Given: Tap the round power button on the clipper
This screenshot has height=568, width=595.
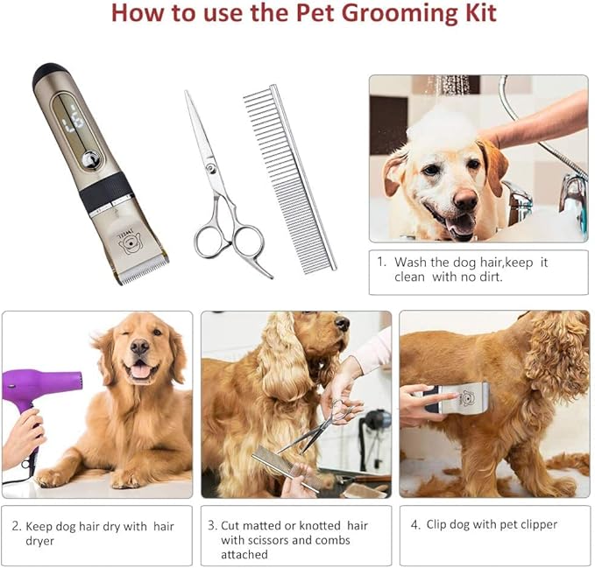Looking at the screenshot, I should tap(89, 159).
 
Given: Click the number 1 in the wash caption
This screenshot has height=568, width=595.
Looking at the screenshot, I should tap(380, 262).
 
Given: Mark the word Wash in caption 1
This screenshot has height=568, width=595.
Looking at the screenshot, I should tap(410, 262).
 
